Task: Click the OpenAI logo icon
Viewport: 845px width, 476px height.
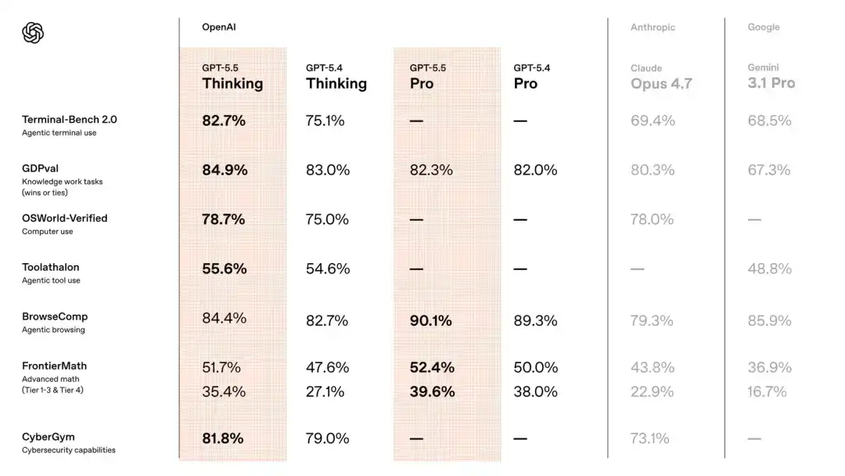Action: coord(33,33)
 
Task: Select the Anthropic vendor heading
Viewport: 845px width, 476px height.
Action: coord(653,27)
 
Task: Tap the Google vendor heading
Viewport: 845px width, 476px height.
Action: coord(763,27)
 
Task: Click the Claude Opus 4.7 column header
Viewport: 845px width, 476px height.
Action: coord(661,78)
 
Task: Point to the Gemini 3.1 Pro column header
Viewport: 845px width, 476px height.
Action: coord(771,77)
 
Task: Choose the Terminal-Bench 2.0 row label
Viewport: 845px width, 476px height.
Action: coord(69,120)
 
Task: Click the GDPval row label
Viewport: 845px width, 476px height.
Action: coord(40,168)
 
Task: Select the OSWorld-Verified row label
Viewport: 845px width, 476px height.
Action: coord(64,218)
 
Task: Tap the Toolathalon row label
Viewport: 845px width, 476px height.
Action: coord(50,267)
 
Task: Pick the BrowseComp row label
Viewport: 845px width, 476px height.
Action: coord(55,316)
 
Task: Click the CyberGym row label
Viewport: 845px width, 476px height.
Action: coord(48,437)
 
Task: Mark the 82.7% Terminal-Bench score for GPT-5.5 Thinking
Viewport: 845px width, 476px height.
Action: coord(224,121)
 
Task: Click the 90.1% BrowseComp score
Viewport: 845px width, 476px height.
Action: coord(431,320)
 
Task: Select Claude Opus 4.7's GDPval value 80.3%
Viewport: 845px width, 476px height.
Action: coord(652,170)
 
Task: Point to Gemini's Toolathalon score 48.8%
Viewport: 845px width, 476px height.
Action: coord(769,269)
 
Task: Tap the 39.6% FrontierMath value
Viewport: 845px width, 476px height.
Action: coord(432,391)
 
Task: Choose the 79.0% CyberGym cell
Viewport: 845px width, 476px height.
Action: coord(327,438)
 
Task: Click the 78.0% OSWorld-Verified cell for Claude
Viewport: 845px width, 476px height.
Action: coord(652,219)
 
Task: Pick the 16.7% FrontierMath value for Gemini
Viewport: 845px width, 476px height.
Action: coord(767,391)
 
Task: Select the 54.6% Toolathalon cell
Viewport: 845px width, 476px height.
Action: coord(327,269)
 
